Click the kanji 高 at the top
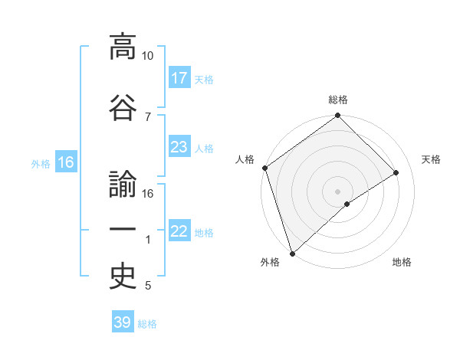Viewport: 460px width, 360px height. (x=123, y=47)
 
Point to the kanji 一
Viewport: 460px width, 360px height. (x=123, y=231)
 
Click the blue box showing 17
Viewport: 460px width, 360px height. (x=179, y=78)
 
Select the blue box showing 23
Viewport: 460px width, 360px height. (x=179, y=147)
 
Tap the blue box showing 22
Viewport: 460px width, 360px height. (x=179, y=231)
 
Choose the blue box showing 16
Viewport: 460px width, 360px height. (x=65, y=162)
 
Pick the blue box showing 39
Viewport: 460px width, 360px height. (x=123, y=322)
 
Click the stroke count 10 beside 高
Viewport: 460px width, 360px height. (x=148, y=57)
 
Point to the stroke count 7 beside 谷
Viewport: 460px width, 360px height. (x=147, y=116)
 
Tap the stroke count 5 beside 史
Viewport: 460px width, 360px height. (x=147, y=286)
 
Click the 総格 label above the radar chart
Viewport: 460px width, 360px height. (x=338, y=100)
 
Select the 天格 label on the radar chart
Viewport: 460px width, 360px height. (x=432, y=159)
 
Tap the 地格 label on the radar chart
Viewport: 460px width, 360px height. (x=402, y=262)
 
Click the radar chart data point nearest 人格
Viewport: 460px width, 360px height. (x=264, y=168)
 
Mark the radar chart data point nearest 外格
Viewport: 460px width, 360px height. (x=292, y=253)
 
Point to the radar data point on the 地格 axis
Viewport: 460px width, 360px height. (x=347, y=204)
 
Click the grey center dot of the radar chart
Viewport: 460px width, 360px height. (x=337, y=191)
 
